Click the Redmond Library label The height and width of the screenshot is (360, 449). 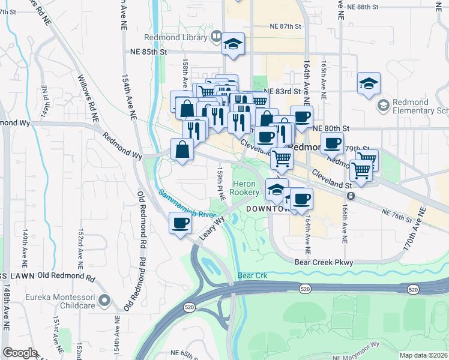pyautogui.click(x=180, y=37)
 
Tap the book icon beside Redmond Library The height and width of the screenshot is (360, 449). pyautogui.click(x=216, y=37)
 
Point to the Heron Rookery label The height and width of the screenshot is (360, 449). pyautogui.click(x=246, y=188)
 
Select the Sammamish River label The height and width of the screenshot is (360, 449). pyautogui.click(x=187, y=204)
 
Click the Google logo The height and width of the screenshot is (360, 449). pyautogui.click(x=20, y=353)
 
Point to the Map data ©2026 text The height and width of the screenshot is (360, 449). pyautogui.click(x=423, y=355)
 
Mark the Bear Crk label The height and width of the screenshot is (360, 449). pyautogui.click(x=251, y=276)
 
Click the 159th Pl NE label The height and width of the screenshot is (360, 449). pyautogui.click(x=220, y=183)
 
